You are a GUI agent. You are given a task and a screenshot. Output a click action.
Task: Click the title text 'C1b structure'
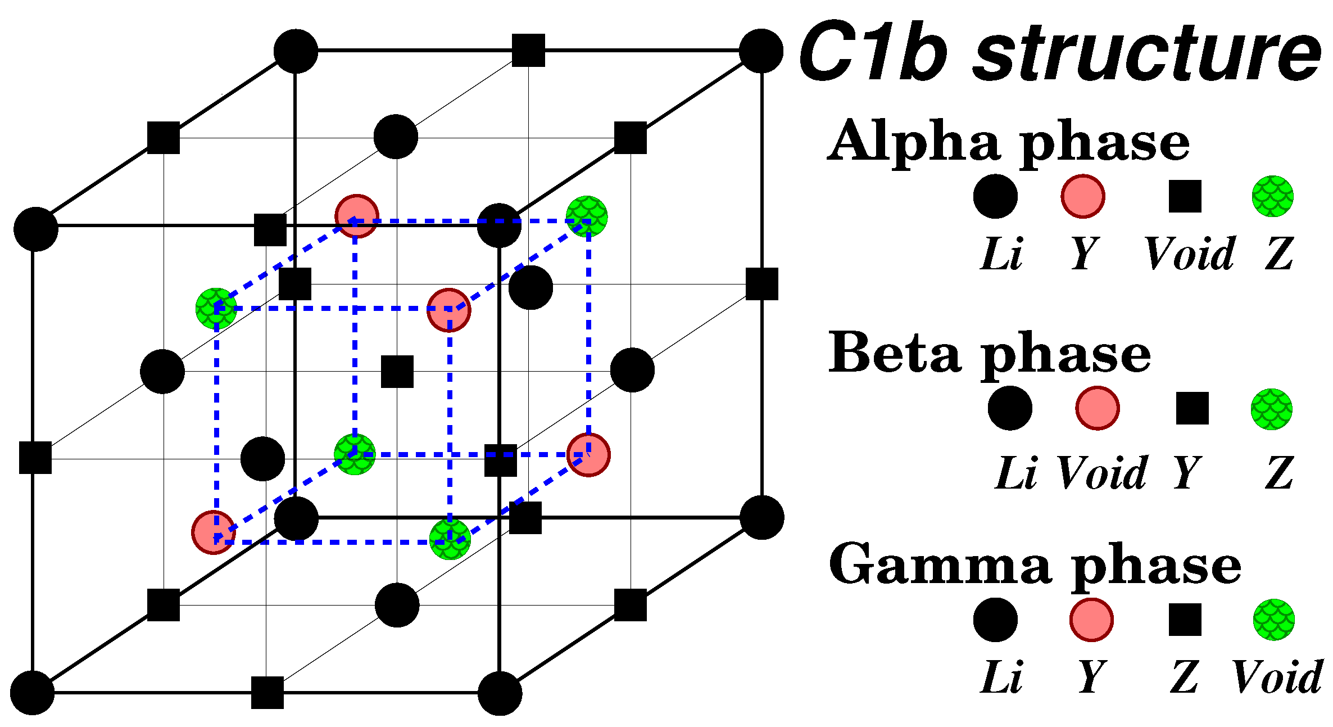coord(1059,53)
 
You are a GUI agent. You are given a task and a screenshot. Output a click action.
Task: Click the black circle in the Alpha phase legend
coord(995,196)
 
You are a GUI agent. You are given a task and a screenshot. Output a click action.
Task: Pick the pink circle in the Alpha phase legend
coord(1083,196)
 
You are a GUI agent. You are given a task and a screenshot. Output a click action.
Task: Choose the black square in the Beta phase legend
coord(1193,408)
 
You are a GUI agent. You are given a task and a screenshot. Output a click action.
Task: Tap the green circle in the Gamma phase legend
coord(1274,620)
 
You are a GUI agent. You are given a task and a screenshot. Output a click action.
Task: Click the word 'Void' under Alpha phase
coord(1189,254)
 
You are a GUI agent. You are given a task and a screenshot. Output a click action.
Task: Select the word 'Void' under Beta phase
coord(1101,473)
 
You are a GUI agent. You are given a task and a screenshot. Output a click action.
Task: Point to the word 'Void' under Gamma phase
coord(1277,678)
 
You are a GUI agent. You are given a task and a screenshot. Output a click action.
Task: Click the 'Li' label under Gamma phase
coord(1001,678)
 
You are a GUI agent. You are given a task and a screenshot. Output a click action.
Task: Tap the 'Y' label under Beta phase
coord(1187,473)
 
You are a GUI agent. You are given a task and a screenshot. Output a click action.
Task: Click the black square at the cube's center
coord(397,372)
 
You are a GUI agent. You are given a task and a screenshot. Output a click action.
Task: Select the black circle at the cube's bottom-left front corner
coord(33,693)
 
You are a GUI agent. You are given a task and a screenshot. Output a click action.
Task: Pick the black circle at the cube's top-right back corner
coord(761,51)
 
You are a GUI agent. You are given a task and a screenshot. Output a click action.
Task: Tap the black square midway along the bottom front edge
coord(267,693)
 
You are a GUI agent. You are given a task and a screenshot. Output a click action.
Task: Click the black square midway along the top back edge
coord(528,51)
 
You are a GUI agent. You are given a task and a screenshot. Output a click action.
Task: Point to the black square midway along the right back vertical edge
coord(762,284)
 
